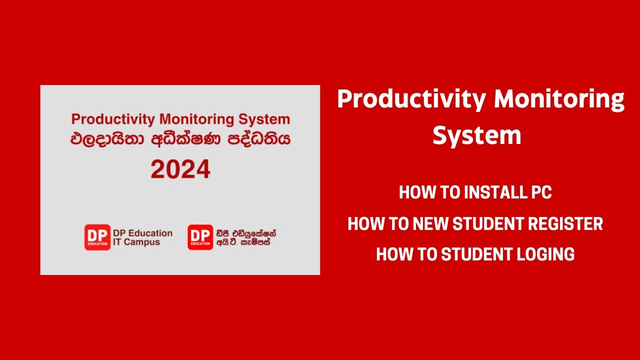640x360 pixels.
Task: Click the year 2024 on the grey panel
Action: (x=180, y=169)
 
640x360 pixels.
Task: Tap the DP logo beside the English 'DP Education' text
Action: (x=97, y=237)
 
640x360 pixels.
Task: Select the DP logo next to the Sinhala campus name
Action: (x=200, y=237)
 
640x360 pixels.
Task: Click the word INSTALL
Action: (x=494, y=192)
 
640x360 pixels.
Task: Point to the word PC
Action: (x=540, y=192)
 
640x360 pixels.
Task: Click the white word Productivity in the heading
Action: (x=411, y=99)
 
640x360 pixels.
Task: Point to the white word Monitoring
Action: (x=559, y=99)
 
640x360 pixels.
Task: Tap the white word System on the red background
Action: (x=476, y=135)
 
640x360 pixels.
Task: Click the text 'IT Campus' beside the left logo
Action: (x=136, y=242)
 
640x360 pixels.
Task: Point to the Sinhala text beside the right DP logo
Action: (x=246, y=238)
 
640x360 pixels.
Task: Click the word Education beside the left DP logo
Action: (x=149, y=233)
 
